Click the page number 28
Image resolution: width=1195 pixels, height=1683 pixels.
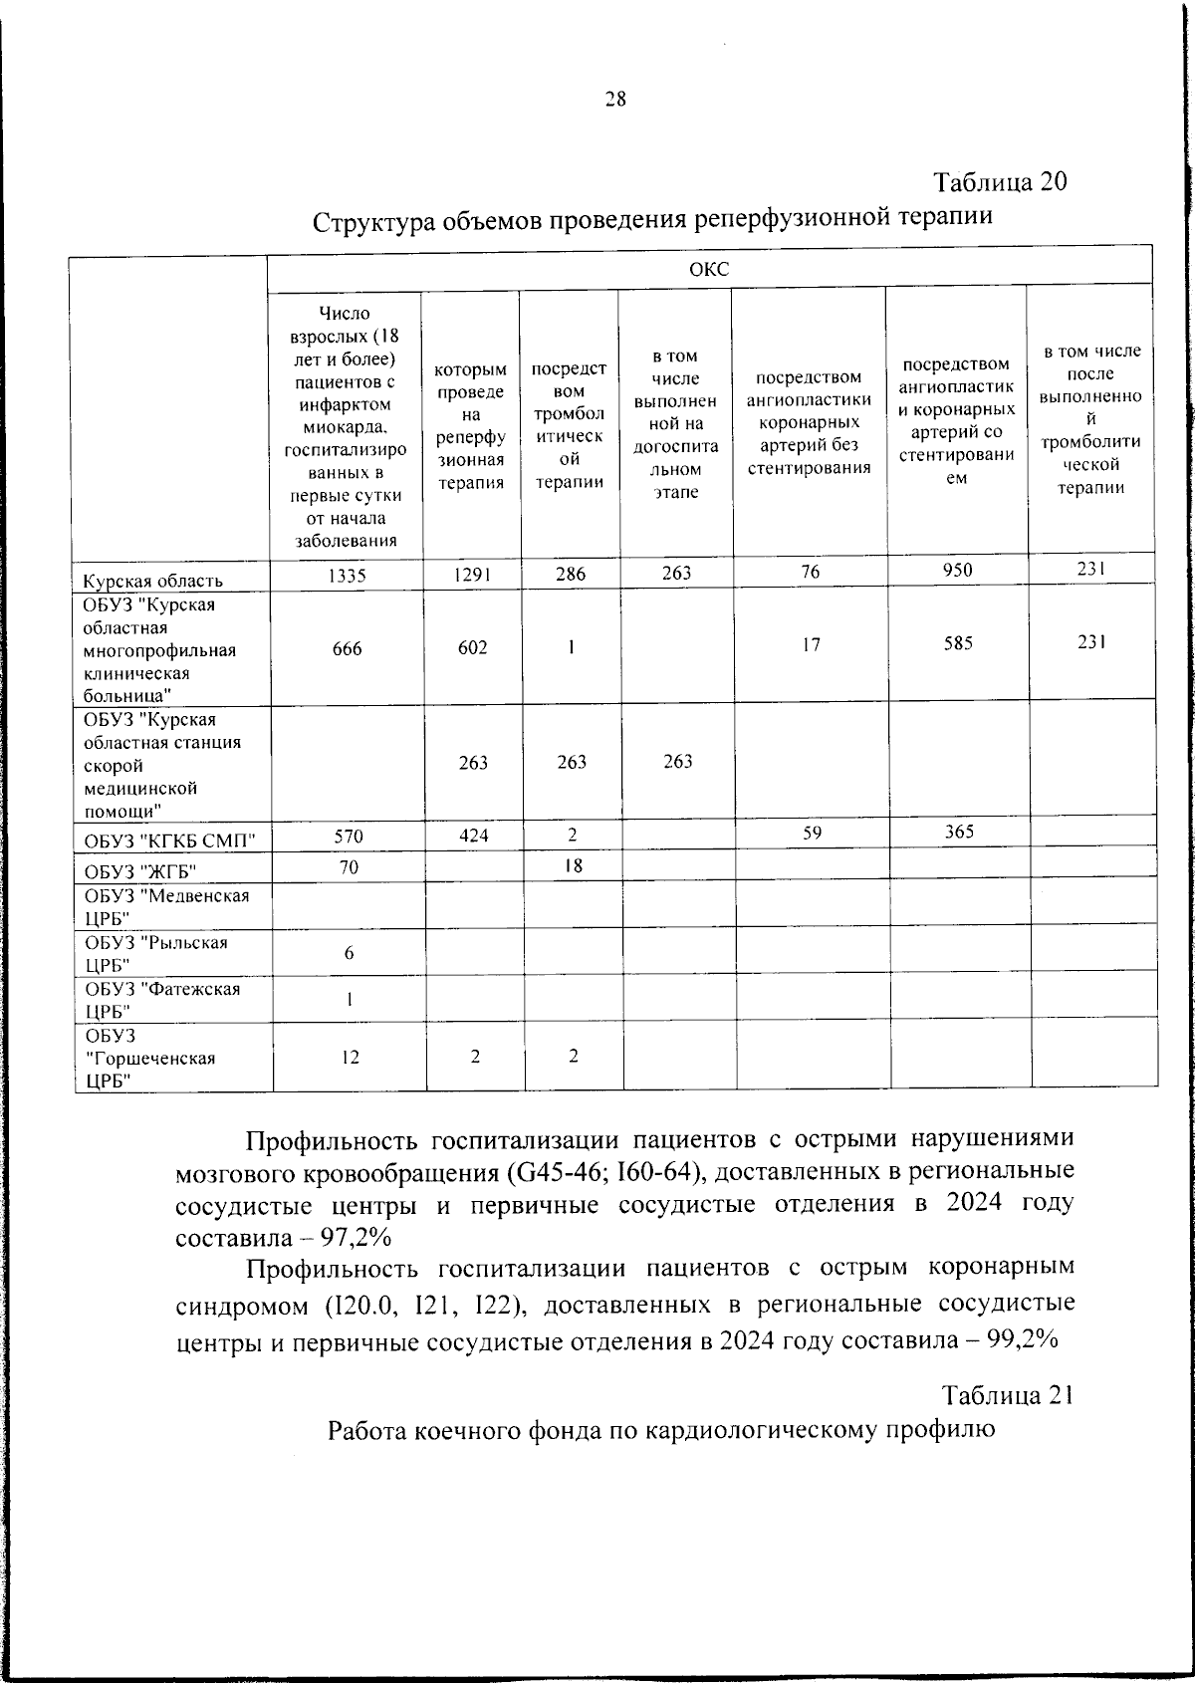click(x=614, y=99)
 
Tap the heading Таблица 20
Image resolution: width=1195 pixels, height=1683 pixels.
click(x=999, y=182)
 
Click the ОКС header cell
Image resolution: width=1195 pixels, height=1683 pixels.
click(x=709, y=270)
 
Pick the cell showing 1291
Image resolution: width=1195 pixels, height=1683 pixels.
click(x=473, y=575)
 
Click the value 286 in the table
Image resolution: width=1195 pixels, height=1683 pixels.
click(x=571, y=575)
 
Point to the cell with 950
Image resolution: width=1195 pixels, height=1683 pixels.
click(x=957, y=571)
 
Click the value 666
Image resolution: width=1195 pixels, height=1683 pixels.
click(x=348, y=649)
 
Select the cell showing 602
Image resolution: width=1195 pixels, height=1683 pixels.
click(x=473, y=648)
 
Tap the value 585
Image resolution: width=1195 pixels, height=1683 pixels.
click(x=958, y=644)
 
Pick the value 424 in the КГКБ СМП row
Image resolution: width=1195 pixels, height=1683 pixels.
click(x=473, y=836)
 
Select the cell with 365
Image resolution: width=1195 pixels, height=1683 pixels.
click(x=958, y=833)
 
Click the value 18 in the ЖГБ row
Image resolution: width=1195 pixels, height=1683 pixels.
click(x=573, y=866)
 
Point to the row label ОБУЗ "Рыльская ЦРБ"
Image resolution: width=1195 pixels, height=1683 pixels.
click(x=155, y=953)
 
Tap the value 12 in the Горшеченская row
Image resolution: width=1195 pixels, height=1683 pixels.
click(x=350, y=1058)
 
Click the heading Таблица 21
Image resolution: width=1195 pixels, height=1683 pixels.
click(x=1007, y=1395)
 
